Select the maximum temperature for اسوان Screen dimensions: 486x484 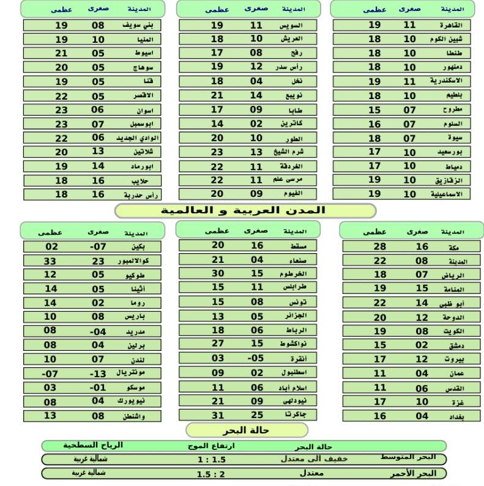(x=61, y=110)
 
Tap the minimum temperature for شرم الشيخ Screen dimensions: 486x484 (x=256, y=153)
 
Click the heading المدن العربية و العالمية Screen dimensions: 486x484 (x=244, y=210)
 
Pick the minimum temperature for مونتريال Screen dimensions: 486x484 (x=99, y=373)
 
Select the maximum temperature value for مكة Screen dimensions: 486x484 (x=380, y=246)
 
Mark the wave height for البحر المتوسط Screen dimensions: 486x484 (x=210, y=459)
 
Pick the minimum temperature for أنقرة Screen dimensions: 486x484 (x=256, y=358)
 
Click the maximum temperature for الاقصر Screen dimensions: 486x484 (x=61, y=96)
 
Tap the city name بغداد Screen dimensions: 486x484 (x=453, y=416)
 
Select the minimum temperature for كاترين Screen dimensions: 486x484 (x=256, y=124)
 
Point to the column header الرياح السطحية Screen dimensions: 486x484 (x=93, y=446)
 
